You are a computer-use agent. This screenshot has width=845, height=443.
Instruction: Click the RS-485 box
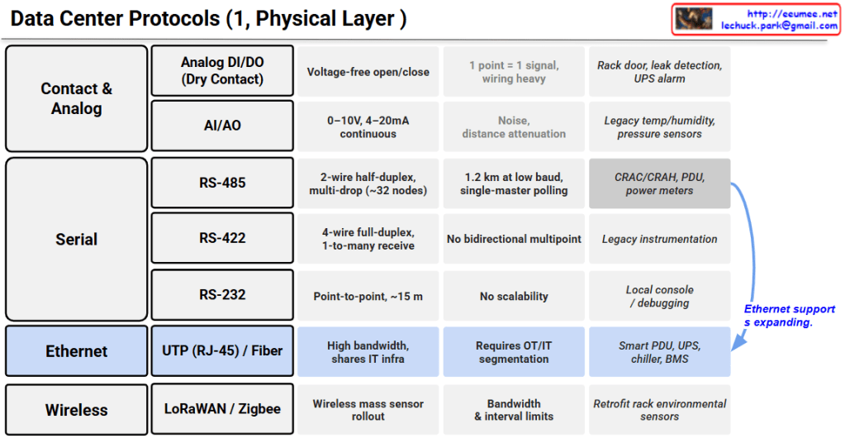pyautogui.click(x=222, y=183)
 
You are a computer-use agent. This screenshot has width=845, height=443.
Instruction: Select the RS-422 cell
pyautogui.click(x=222, y=238)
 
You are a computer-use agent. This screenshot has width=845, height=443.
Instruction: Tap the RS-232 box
pyautogui.click(x=222, y=295)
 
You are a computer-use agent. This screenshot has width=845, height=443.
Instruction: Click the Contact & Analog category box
pyautogui.click(x=77, y=98)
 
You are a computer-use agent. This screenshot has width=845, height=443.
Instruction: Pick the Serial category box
pyautogui.click(x=77, y=240)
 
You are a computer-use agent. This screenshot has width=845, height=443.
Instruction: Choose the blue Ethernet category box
pyautogui.click(x=77, y=350)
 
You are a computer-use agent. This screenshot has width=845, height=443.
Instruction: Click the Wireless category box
pyautogui.click(x=77, y=410)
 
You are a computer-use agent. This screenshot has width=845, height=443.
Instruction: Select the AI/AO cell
pyautogui.click(x=222, y=126)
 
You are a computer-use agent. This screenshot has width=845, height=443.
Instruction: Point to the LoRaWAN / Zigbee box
pyautogui.click(x=222, y=409)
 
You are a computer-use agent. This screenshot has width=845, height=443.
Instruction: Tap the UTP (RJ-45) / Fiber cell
pyautogui.click(x=222, y=350)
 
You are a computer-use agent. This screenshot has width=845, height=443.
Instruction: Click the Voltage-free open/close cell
pyautogui.click(x=368, y=72)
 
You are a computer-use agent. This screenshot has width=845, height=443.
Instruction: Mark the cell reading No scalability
pyautogui.click(x=514, y=296)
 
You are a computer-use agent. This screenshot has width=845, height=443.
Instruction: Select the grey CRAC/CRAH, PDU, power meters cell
pyautogui.click(x=660, y=183)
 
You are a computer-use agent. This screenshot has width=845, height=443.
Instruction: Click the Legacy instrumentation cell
pyautogui.click(x=660, y=239)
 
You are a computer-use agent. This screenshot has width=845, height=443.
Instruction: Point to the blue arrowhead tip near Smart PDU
pyautogui.click(x=733, y=350)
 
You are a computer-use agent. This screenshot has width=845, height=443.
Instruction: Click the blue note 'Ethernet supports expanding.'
pyautogui.click(x=790, y=316)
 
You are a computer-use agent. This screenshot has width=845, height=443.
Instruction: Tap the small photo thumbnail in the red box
pyautogui.click(x=694, y=19)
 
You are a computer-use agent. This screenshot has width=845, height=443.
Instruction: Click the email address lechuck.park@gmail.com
pyautogui.click(x=779, y=26)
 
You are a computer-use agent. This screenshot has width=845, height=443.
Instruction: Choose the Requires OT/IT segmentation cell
pyautogui.click(x=514, y=352)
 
